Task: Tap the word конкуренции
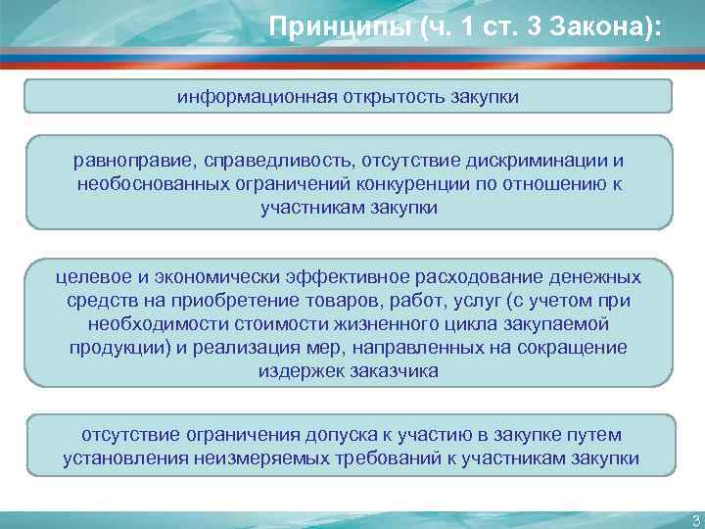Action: pos(413,184)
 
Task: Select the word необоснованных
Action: pos(143,184)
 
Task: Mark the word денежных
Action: pos(596,276)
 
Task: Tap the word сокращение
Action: pos(576,348)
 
